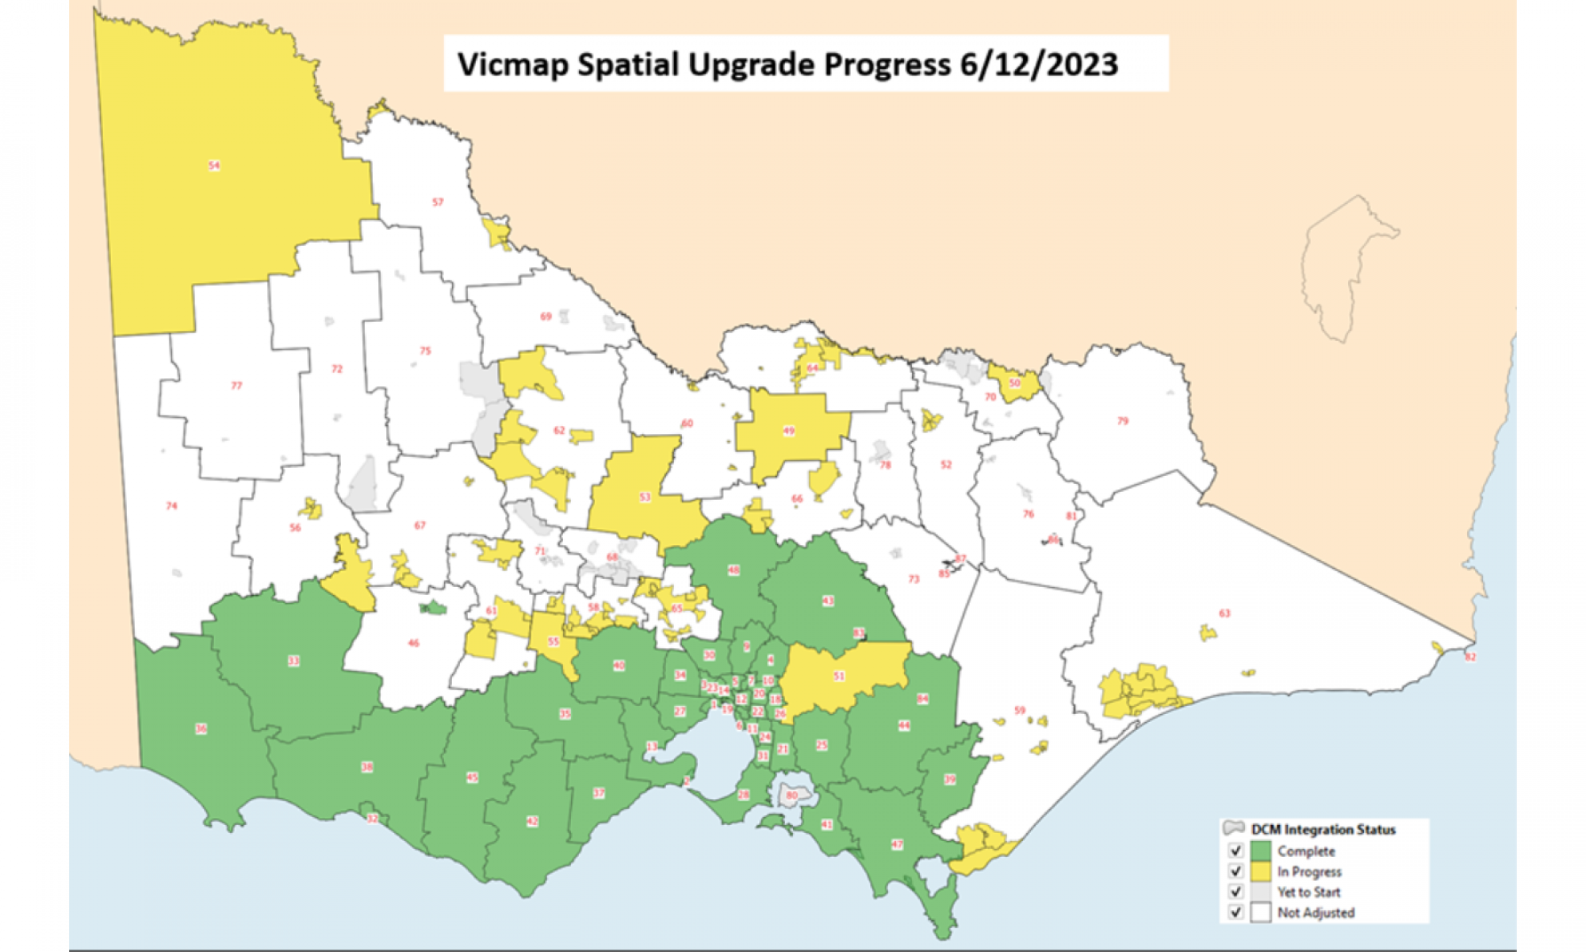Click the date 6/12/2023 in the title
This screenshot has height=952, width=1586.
(1039, 64)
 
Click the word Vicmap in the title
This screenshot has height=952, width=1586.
(512, 64)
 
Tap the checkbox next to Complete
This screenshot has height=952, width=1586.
(1235, 850)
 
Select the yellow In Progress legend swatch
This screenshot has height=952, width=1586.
(1261, 871)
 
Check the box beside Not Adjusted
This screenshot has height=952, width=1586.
(1235, 912)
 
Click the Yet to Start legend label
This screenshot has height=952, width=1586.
(1308, 892)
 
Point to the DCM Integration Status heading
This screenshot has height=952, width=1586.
(1323, 830)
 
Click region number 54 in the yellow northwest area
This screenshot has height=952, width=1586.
(214, 166)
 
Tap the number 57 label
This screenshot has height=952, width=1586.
(438, 202)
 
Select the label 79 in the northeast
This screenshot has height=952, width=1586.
(1123, 421)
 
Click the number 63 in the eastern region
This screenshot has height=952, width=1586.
(1224, 613)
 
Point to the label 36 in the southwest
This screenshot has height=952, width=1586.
(201, 728)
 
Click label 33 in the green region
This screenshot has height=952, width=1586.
(293, 661)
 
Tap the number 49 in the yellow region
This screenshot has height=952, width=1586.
(789, 431)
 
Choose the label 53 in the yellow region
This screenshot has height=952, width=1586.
(645, 497)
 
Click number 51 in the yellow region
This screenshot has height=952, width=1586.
(839, 676)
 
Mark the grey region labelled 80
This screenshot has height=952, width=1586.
(791, 795)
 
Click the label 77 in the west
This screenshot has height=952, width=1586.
(236, 386)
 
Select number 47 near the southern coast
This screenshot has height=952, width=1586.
(897, 845)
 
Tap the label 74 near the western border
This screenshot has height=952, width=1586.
(171, 506)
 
